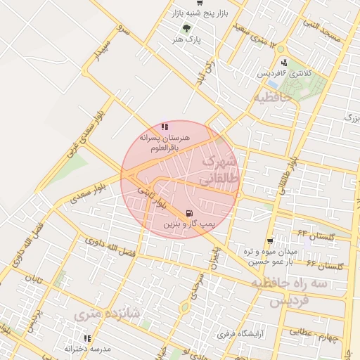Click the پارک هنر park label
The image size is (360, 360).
point(186,41)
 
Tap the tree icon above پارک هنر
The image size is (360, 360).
point(186,28)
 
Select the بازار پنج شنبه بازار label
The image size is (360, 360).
point(201,14)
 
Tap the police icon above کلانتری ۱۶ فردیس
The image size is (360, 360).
point(281,61)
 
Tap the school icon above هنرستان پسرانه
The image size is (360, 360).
point(164,127)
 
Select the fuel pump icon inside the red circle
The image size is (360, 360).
point(188,213)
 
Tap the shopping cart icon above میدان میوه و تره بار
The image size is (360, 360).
point(270,240)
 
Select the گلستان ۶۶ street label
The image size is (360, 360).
point(325,265)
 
